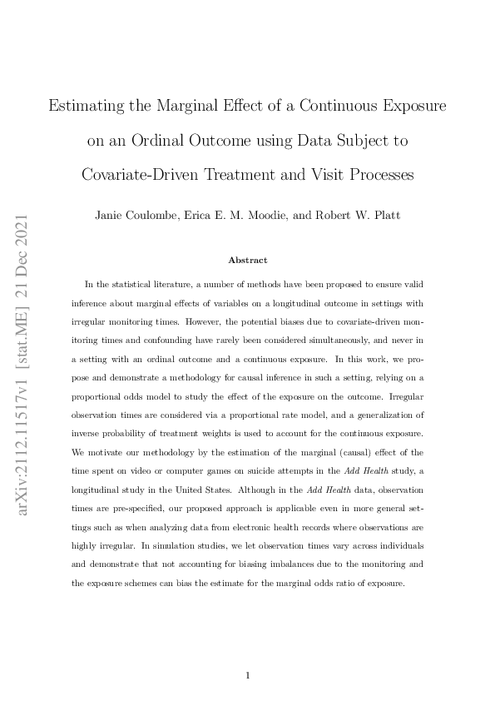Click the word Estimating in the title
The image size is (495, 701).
[89, 107]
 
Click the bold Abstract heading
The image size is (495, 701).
[247, 261]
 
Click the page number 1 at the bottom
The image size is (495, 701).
[248, 675]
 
